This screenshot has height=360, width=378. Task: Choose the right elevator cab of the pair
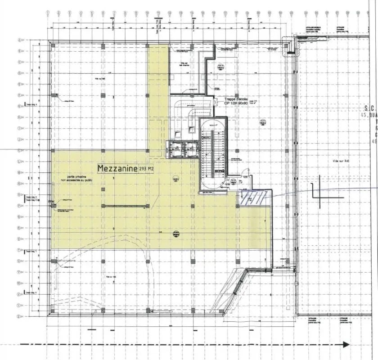tap(191, 149)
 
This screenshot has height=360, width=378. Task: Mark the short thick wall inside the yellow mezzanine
tap(125, 206)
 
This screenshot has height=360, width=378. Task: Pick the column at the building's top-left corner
tap(52, 45)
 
